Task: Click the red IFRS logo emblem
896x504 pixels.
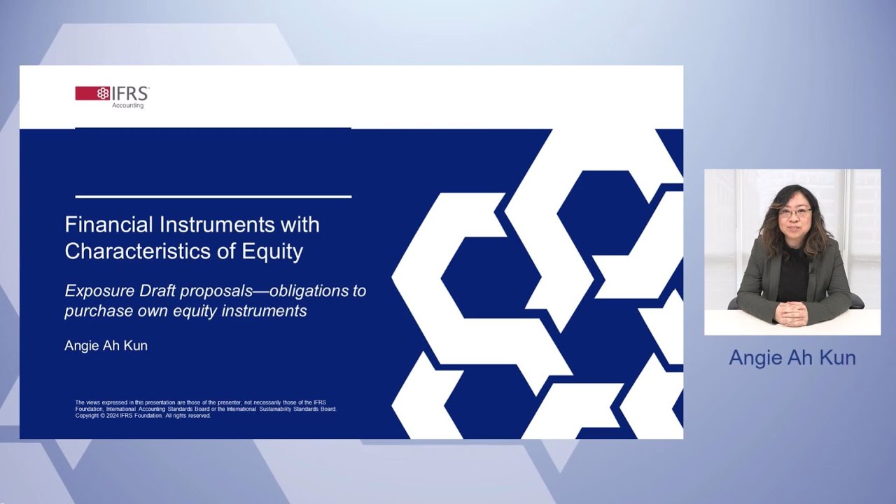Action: (x=92, y=93)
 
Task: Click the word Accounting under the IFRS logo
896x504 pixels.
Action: (x=127, y=106)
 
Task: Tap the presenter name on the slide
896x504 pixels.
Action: (x=106, y=346)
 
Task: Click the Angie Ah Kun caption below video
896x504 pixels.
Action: (x=792, y=358)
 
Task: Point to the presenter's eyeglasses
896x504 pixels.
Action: (x=794, y=212)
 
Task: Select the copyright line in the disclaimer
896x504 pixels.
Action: (x=143, y=416)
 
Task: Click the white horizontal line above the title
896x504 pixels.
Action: (x=213, y=197)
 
